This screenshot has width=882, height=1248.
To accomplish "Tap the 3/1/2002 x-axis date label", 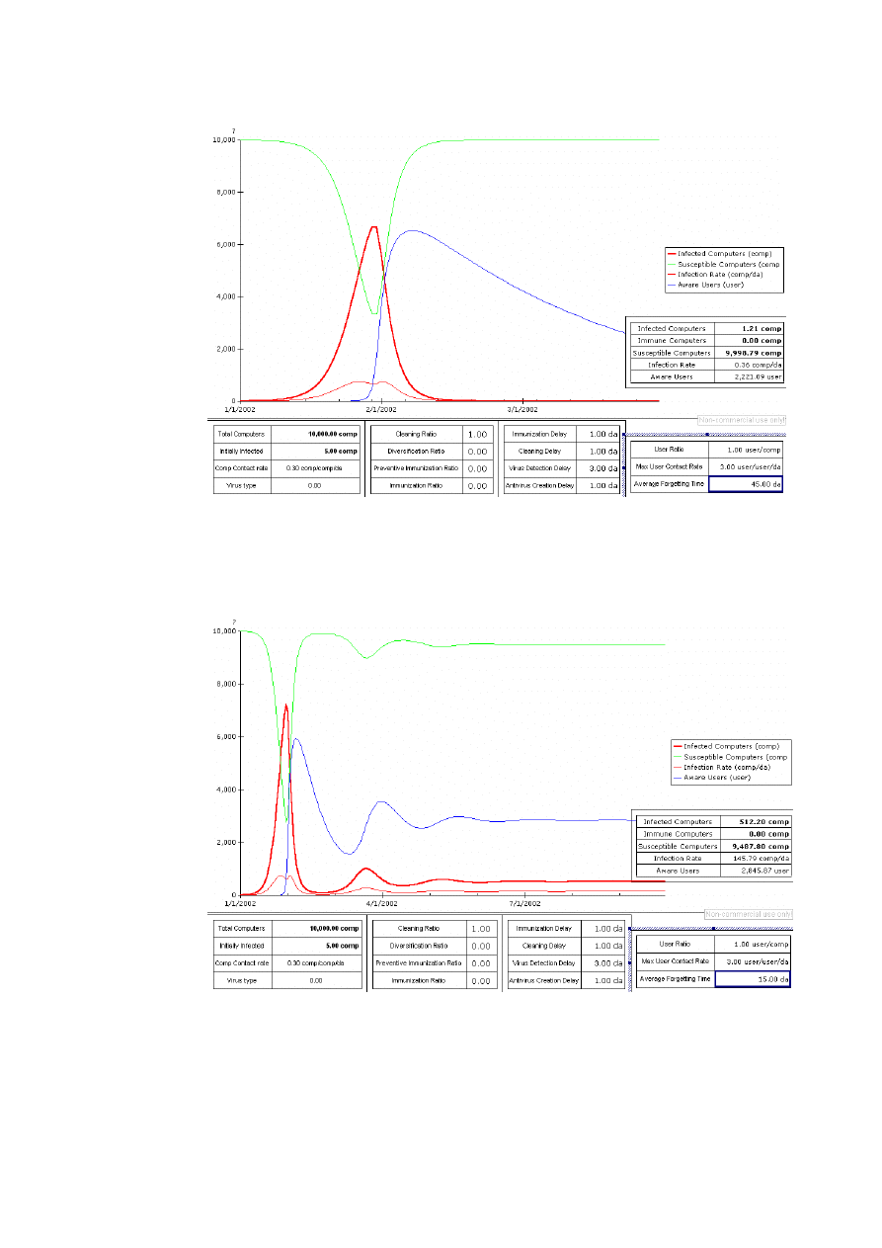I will pyautogui.click(x=521, y=409).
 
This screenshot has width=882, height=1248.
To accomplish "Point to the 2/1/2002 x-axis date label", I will pyautogui.click(x=381, y=409).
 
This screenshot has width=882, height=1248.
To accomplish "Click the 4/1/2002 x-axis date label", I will pyautogui.click(x=382, y=903).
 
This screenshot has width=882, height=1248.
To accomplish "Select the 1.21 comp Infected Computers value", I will pyautogui.click(x=762, y=328).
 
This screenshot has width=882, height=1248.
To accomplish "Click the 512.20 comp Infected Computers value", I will pyautogui.click(x=768, y=821).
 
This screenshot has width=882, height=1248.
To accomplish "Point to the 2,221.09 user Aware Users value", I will pyautogui.click(x=762, y=377).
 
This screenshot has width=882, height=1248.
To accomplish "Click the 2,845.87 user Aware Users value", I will pyautogui.click(x=766, y=871).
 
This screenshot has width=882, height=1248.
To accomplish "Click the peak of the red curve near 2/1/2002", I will pyautogui.click(x=373, y=227).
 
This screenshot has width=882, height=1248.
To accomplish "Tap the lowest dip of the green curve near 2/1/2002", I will pyautogui.click(x=373, y=314).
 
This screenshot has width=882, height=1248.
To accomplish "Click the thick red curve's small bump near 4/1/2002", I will pyautogui.click(x=365, y=869).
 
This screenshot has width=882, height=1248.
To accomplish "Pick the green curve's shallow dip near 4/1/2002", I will pyautogui.click(x=365, y=658).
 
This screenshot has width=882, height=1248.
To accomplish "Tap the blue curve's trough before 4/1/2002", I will pyautogui.click(x=350, y=854).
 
